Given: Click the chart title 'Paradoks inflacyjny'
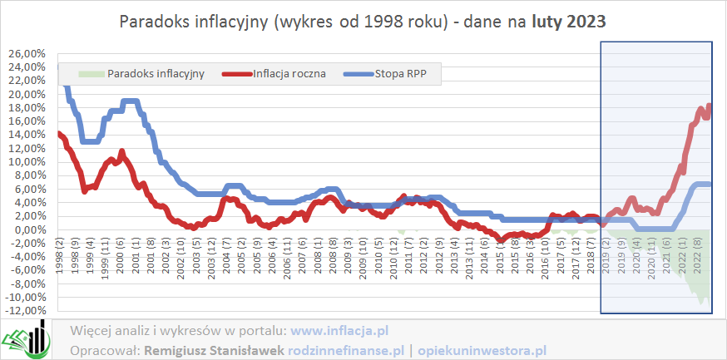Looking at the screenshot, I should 192,22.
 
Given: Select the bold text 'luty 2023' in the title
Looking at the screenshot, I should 569,22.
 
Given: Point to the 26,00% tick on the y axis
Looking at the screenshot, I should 27,54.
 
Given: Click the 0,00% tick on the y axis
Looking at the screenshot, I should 28,230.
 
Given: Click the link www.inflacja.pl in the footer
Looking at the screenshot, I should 340,330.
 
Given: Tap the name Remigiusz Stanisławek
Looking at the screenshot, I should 215,349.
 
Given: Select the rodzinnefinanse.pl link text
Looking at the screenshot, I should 345,349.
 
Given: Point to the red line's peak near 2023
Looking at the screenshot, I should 709,106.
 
